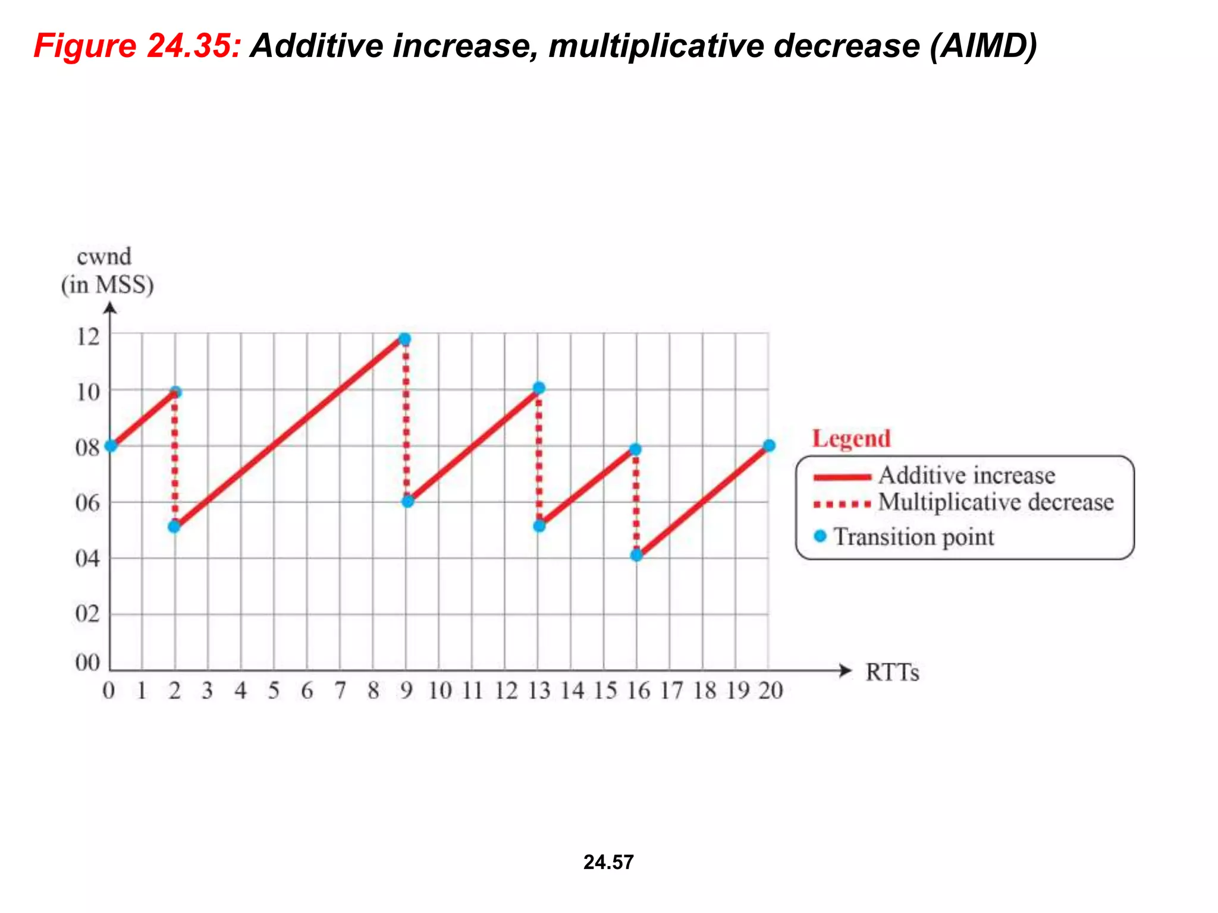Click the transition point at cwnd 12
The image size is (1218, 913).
[404, 339]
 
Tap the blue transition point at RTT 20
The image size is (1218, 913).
[768, 446]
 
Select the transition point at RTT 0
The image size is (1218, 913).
[111, 446]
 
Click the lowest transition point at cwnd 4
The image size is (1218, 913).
[636, 555]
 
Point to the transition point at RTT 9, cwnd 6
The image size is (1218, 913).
[407, 502]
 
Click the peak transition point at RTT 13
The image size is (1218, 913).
[539, 388]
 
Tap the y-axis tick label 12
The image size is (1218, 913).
[88, 337]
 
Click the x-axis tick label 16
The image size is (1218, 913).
[638, 691]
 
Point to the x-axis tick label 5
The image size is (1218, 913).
[274, 691]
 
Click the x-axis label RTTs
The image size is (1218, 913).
[892, 672]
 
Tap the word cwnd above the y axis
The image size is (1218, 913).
[104, 257]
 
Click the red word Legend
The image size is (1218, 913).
[851, 439]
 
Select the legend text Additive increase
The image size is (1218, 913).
[966, 476]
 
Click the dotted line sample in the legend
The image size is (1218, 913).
[842, 505]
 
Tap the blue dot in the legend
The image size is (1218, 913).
[820, 536]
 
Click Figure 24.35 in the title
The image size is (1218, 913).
[137, 46]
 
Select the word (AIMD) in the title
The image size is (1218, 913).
[984, 46]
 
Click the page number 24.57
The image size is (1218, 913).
[608, 862]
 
